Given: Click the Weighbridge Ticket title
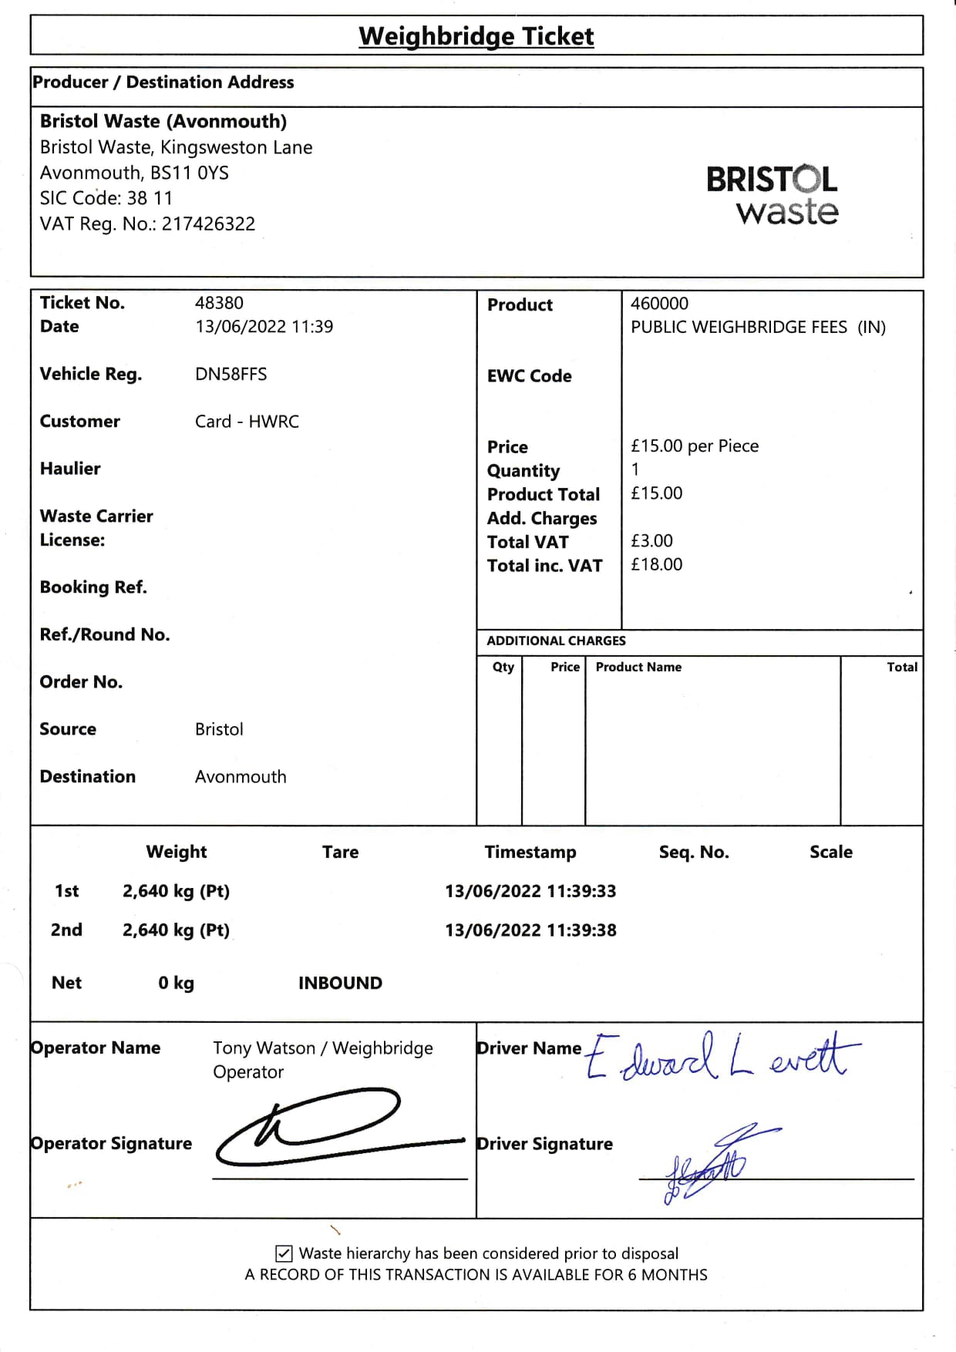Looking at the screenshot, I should pyautogui.click(x=476, y=36).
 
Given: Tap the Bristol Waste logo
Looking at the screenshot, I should pyautogui.click(x=773, y=196).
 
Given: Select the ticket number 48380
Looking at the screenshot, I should pyautogui.click(x=219, y=303).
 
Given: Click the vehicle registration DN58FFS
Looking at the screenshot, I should pyautogui.click(x=231, y=375).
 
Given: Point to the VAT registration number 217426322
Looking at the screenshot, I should pyautogui.click(x=208, y=224).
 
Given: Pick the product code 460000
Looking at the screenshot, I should pyautogui.click(x=659, y=304).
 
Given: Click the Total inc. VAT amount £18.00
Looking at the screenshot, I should pyautogui.click(x=656, y=565).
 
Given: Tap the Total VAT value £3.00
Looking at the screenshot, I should pyautogui.click(x=651, y=541).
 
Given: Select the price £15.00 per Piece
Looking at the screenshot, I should pyautogui.click(x=694, y=446).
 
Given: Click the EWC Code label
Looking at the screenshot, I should pyautogui.click(x=529, y=376).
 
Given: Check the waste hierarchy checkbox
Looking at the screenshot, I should pyautogui.click(x=284, y=1253).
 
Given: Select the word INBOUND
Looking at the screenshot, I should pyautogui.click(x=340, y=984).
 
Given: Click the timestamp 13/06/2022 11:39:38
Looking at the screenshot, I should pyautogui.click(x=530, y=930).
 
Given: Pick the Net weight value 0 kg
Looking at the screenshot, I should pyautogui.click(x=176, y=984).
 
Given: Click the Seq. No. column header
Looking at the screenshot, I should pyautogui.click(x=694, y=853).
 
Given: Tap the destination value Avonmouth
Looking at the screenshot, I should pyautogui.click(x=241, y=777).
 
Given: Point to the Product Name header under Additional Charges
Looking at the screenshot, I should pyautogui.click(x=638, y=668).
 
